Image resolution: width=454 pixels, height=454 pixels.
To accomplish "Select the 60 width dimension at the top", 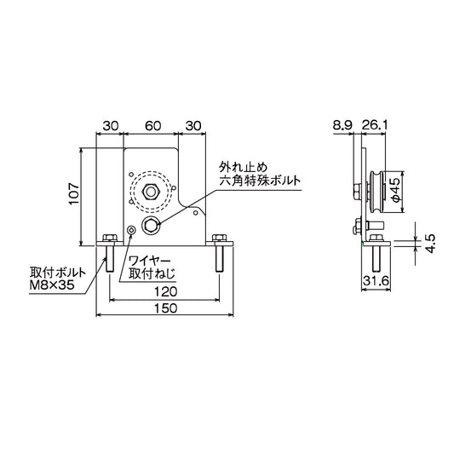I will [x=151, y=124].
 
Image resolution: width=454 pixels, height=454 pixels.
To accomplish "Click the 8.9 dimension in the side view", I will [x=342, y=125].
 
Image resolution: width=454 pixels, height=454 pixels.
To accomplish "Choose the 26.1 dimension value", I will [x=373, y=125].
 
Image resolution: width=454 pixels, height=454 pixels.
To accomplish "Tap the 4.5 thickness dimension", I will [x=431, y=244].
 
